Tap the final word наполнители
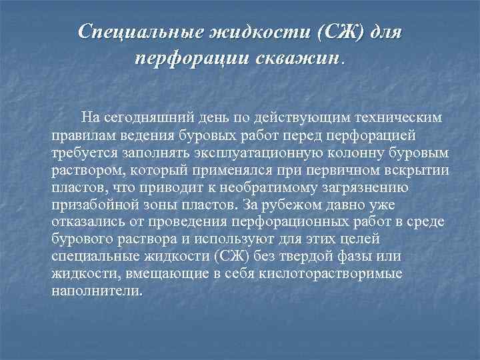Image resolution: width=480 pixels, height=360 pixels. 97,291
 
